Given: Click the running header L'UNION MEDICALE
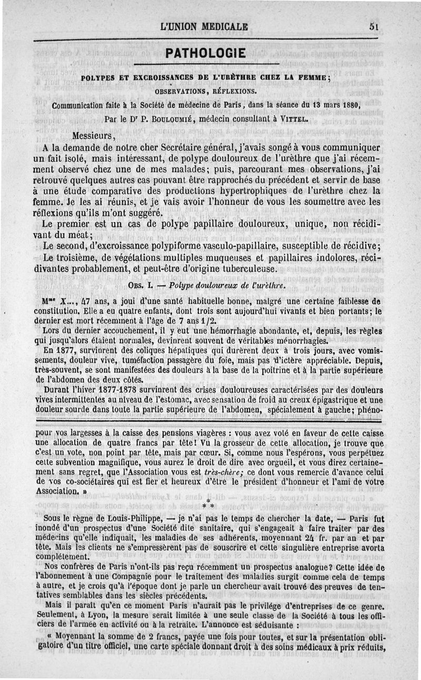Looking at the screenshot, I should click(205, 27).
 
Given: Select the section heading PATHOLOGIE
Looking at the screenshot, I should click(205, 53).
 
